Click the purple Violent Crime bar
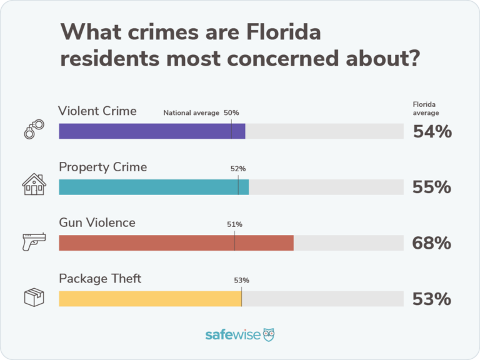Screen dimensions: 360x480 click(152, 131)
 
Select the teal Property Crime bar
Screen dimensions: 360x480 click(154, 187)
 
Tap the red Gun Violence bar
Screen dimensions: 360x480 click(176, 242)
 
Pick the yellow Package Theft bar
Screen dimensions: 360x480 click(150, 298)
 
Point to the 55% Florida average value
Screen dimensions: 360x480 click(431, 187)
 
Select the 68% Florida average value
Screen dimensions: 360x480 click(431, 242)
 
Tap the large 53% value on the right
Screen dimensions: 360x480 click(431, 299)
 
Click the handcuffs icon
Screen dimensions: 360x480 click(34, 129)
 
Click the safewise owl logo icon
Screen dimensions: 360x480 click(269, 334)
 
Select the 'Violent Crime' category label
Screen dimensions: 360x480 click(97, 111)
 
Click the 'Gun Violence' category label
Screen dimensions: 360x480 click(97, 222)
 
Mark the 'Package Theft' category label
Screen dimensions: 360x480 click(100, 278)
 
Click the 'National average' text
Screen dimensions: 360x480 click(191, 113)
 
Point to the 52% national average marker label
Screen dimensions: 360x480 click(238, 169)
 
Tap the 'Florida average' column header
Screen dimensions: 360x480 click(426, 109)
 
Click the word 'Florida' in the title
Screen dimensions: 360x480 click(281, 32)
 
